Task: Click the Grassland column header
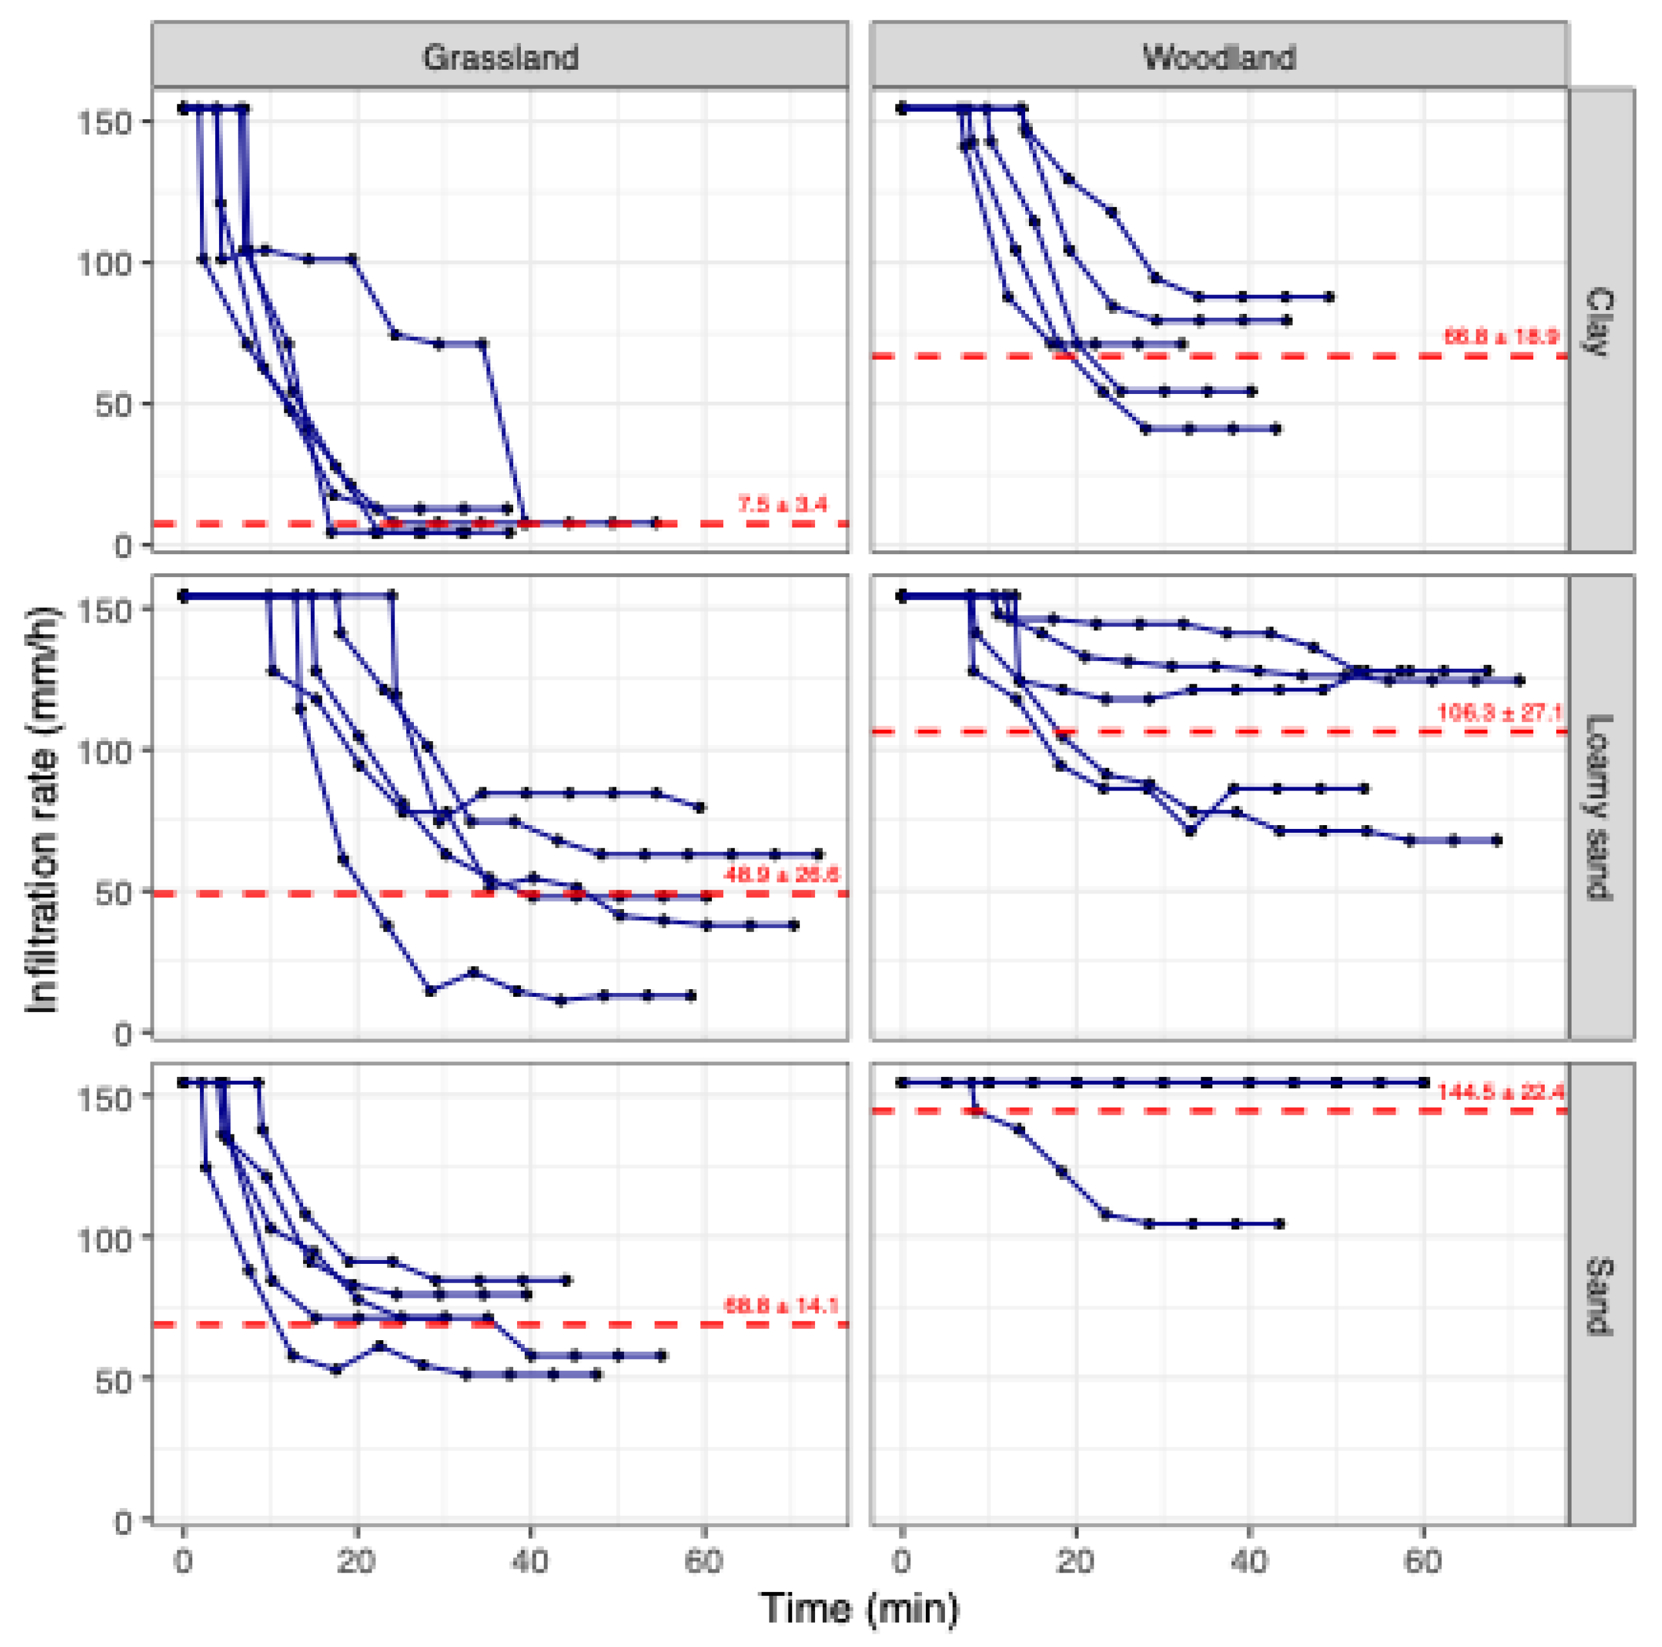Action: [x=500, y=58]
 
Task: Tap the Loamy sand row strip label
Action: [x=1600, y=808]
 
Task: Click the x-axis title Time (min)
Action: [x=859, y=1607]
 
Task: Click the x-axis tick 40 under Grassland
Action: [x=530, y=1559]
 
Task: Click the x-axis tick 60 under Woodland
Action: [x=1423, y=1559]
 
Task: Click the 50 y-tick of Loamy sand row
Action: [x=113, y=893]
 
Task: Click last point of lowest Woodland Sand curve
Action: [x=1280, y=1223]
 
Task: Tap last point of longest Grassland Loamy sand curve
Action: [x=819, y=854]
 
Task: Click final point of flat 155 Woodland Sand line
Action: [x=1424, y=1082]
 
